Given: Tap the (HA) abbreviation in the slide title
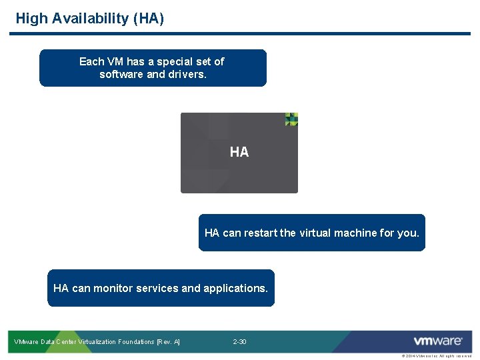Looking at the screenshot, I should click(x=149, y=18).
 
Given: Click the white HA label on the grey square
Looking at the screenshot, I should click(x=239, y=152).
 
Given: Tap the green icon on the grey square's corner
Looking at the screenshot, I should click(x=291, y=119).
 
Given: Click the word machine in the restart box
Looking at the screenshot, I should click(x=357, y=233).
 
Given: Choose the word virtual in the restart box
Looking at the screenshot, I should click(x=317, y=233).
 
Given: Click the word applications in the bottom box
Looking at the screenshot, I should click(x=235, y=288).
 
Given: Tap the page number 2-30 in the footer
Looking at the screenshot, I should click(x=239, y=342).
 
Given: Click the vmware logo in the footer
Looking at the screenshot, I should click(x=438, y=341).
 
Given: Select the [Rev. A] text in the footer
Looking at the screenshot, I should click(x=167, y=342).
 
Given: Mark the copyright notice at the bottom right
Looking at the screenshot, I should click(x=436, y=356).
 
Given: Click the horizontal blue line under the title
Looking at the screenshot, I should click(x=240, y=33).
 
